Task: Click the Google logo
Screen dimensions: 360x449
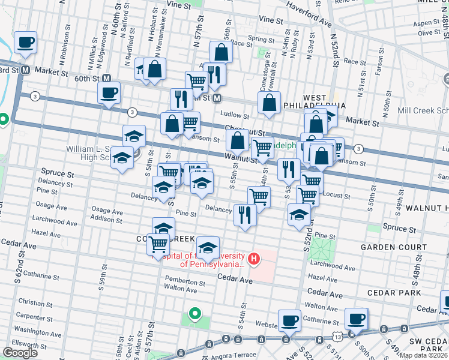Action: pos(20,352)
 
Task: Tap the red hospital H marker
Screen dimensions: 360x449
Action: pos(254,259)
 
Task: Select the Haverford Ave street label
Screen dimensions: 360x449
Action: pos(309,14)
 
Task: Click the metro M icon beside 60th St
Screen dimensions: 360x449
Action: pos(106,78)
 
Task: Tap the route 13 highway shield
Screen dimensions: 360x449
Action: pos(340,338)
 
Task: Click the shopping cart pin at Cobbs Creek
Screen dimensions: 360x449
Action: pos(158,244)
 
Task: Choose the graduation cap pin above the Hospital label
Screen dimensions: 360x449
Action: pos(208,247)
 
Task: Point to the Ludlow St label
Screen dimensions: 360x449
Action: pos(234,115)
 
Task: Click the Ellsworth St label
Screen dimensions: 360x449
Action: pos(29,346)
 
